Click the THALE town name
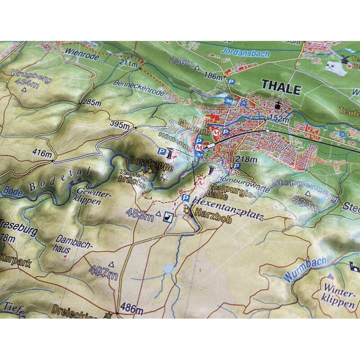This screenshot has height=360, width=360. pos(281,88)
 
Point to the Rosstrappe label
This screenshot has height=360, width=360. pos(145,162)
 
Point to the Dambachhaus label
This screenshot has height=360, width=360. pos(72,243)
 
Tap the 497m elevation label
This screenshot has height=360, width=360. pos(103,271)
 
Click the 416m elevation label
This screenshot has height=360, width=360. pos(41,153)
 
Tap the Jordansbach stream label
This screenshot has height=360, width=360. pos(246,54)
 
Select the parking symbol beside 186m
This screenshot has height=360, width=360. pos(231,81)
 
